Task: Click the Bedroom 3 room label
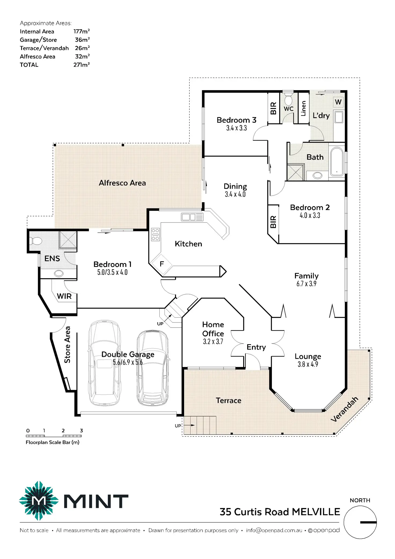pyautogui.click(x=236, y=120)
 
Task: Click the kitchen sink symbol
pyautogui.click(x=192, y=217)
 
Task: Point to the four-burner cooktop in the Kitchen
pyautogui.click(x=155, y=234)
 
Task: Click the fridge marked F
pyautogui.click(x=162, y=264)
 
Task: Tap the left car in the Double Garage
pyautogui.click(x=104, y=362)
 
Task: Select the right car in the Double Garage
pyautogui.click(x=153, y=368)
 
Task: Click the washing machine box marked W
pyautogui.click(x=338, y=102)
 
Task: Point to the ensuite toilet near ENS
pyautogui.click(x=36, y=241)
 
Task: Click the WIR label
pyautogui.click(x=64, y=296)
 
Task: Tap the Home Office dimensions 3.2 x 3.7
pyautogui.click(x=213, y=342)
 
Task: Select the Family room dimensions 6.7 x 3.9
pyautogui.click(x=306, y=284)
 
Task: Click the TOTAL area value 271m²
pyautogui.click(x=82, y=65)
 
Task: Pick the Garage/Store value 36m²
pyautogui.click(x=82, y=40)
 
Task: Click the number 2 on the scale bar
pyautogui.click(x=63, y=431)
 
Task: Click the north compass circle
pyautogui.click(x=360, y=522)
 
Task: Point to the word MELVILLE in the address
pyautogui.click(x=316, y=512)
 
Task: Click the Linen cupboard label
pyautogui.click(x=303, y=108)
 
